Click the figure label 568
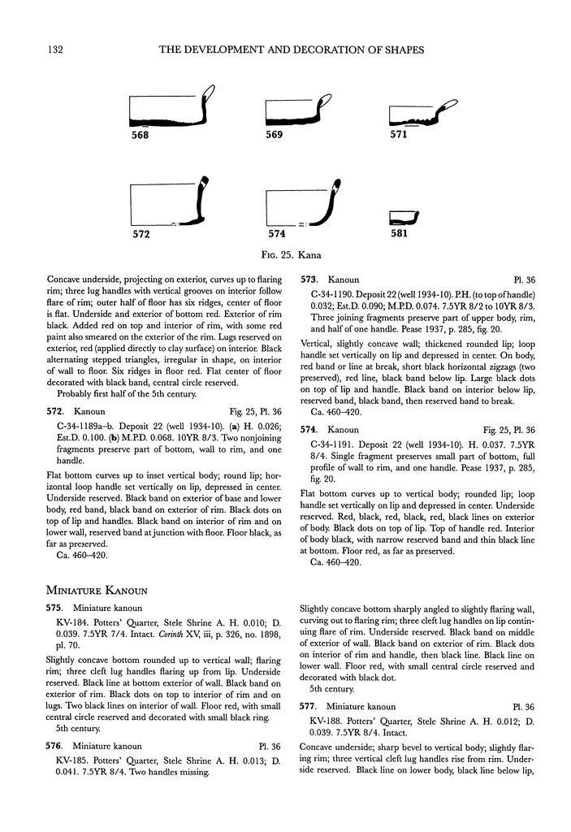pos(141,136)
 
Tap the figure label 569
pos(274,135)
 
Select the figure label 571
pos(398,135)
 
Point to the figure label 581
pos(398,236)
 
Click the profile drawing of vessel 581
pos(404,217)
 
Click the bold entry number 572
pos(54,413)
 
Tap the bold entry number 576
pos(54,745)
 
